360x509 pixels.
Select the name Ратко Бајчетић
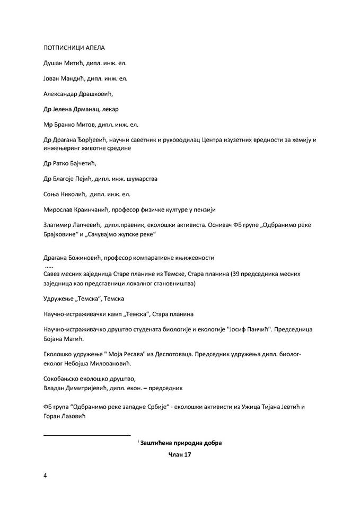point(75,163)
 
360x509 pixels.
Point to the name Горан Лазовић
point(62,417)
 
